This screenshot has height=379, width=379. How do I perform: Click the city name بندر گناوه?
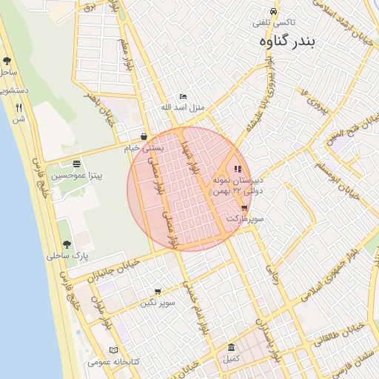287,42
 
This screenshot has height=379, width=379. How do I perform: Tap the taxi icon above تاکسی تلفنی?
274,13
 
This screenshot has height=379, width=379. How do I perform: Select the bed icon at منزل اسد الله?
184,97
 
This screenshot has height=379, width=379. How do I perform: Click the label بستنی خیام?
142,148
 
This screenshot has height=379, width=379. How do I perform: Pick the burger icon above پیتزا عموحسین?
77,164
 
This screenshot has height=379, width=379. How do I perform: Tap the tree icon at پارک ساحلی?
67,244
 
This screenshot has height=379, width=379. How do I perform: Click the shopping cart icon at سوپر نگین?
158,292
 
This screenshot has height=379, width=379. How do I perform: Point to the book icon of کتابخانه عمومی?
113,350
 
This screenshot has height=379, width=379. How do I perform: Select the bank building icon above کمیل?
232,347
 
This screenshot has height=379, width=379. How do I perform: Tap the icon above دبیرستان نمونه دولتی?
238,169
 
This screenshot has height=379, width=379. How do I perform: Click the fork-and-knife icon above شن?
19,107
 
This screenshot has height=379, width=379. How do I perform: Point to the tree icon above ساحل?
7,61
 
